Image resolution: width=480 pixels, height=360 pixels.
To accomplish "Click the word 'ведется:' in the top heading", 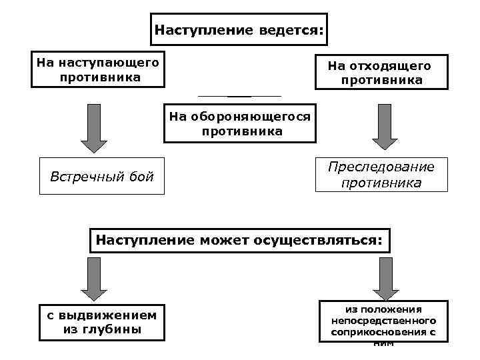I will [293, 30].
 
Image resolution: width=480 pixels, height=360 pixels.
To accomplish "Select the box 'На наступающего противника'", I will [98, 70].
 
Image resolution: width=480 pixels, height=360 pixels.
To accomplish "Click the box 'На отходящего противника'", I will [381, 72].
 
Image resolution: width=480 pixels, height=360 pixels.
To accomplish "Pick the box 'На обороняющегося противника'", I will [239, 123].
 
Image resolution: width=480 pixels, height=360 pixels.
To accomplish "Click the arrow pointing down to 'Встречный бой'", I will [94, 128].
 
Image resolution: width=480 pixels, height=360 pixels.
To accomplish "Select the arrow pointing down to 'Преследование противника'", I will [385, 127].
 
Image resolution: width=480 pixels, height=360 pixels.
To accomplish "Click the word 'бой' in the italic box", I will [140, 177].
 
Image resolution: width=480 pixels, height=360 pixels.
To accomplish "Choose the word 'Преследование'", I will [381, 167].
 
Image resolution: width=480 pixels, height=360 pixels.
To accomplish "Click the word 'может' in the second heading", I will [222, 239].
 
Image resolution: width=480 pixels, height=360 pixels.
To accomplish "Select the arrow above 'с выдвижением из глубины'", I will [94, 279].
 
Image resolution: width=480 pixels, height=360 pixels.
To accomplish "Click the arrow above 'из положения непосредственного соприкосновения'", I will [385, 279].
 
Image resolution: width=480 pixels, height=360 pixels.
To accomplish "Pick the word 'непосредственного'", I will [383, 320].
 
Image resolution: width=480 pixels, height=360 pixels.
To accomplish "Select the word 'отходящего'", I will [398, 65].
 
